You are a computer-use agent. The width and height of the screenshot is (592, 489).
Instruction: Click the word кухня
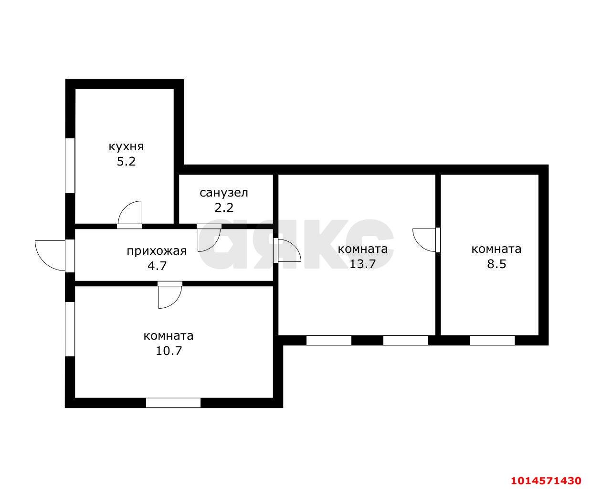point(126,147)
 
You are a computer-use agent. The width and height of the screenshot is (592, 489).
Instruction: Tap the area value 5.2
point(126,161)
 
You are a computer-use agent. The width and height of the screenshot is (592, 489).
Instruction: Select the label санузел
point(224,193)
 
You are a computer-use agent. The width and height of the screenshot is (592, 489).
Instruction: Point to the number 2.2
point(224,208)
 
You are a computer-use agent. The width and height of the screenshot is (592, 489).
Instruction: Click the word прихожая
point(157,251)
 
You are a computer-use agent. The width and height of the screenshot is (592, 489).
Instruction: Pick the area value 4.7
point(157,266)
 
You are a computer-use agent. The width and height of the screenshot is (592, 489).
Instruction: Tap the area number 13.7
point(362,264)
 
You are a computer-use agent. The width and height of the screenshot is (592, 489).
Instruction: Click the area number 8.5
point(497,264)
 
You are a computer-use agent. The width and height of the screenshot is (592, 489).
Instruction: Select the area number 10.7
point(169,351)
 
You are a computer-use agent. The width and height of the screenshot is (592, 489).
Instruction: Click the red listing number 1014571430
point(546,480)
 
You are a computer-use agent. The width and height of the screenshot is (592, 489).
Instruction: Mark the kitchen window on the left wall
point(70,166)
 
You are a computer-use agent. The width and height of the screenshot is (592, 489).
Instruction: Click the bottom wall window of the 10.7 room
point(173,403)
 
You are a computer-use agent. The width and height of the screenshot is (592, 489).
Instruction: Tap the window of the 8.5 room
point(492,340)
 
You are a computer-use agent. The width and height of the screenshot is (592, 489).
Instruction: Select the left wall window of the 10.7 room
point(70,329)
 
